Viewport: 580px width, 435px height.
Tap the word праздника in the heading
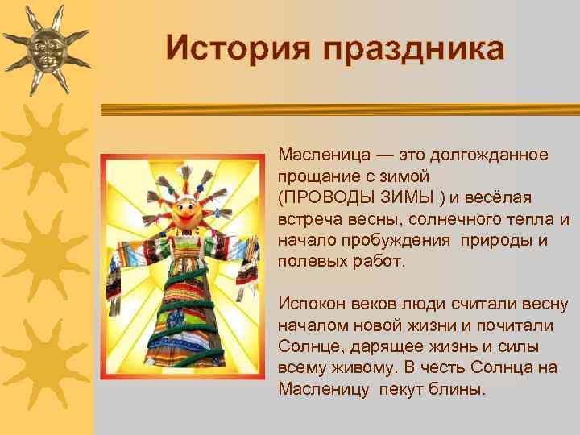pos(414,49)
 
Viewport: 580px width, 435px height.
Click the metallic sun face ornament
pos(46,47)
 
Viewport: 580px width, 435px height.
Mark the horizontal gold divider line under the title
pos(338,110)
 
